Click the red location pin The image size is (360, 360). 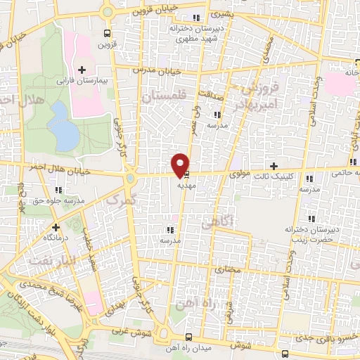pos(180,164)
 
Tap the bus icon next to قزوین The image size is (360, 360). pos(107,33)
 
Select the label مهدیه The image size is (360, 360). pos(186,186)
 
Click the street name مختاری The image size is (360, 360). pos(227,269)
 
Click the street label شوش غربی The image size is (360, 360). pos(127,335)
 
